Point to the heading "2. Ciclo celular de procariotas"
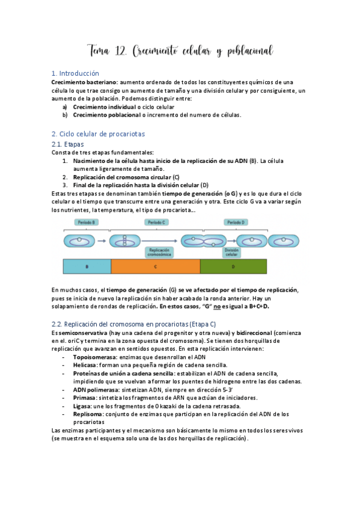point(99,134)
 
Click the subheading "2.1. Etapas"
point(68,144)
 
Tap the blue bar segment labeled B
point(87,266)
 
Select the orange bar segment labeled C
point(156,266)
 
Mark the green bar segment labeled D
point(248,266)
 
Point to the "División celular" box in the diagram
point(214,251)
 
